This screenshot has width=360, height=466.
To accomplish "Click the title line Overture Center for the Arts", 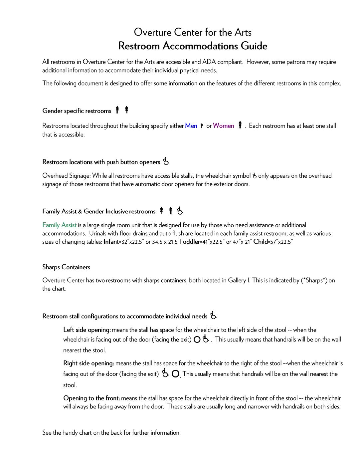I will pos(193,32).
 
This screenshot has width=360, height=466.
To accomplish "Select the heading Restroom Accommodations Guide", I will pos(193,46).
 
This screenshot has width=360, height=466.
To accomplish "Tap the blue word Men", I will pos(191,126).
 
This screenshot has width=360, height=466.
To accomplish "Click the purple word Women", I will pos(224,126).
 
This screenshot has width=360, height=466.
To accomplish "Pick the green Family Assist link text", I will pos(59,225).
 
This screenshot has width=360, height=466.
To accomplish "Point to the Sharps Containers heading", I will pos(66,267).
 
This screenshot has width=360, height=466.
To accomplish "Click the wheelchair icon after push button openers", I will pos(166,162).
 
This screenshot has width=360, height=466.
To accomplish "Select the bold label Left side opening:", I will pos(87,330).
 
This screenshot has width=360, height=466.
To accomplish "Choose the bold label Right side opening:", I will pos(89,363).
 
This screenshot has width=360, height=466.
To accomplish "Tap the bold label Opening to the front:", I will pos(91,398).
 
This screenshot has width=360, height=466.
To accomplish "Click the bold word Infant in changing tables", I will pos(111,242).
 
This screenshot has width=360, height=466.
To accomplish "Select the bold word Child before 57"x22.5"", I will pos(261,242).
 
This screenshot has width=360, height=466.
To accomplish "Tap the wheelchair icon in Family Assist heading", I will pos(180,211).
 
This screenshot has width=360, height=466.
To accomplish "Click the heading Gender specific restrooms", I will pos(77,111).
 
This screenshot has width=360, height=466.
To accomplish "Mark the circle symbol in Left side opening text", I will pos(197,340).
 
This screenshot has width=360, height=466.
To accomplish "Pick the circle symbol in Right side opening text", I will pos(176,374).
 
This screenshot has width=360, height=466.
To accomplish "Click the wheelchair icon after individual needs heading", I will pos(213,316).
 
